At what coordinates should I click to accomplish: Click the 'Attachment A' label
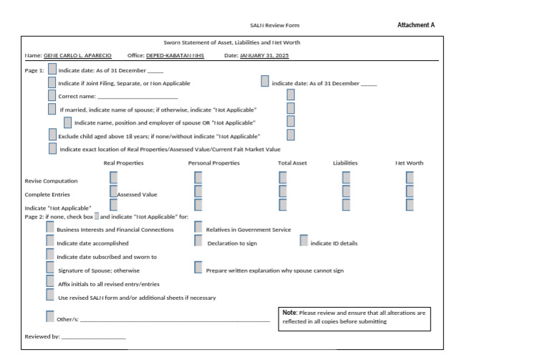[x=415, y=25]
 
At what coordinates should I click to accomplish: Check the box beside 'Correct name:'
[x=52, y=95]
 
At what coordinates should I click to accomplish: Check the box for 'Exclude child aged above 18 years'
[x=52, y=135]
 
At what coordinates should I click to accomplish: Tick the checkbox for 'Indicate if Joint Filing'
[x=52, y=82]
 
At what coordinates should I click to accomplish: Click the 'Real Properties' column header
[x=123, y=163]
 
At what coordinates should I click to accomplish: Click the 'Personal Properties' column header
[x=213, y=163]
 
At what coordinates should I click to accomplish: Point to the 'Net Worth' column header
[x=409, y=163]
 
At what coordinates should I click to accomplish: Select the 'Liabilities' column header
[x=345, y=163]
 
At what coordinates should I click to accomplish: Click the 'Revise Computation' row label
[x=51, y=181]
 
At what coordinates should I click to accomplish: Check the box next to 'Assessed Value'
[x=113, y=191]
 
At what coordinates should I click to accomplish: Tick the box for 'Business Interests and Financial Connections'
[x=50, y=228]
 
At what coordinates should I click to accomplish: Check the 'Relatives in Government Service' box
[x=198, y=228]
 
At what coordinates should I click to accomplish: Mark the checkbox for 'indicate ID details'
[x=304, y=241]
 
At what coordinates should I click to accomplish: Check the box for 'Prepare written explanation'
[x=198, y=268]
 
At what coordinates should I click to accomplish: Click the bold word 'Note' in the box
[x=289, y=313]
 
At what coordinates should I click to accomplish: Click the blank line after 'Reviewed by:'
[x=93, y=336]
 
